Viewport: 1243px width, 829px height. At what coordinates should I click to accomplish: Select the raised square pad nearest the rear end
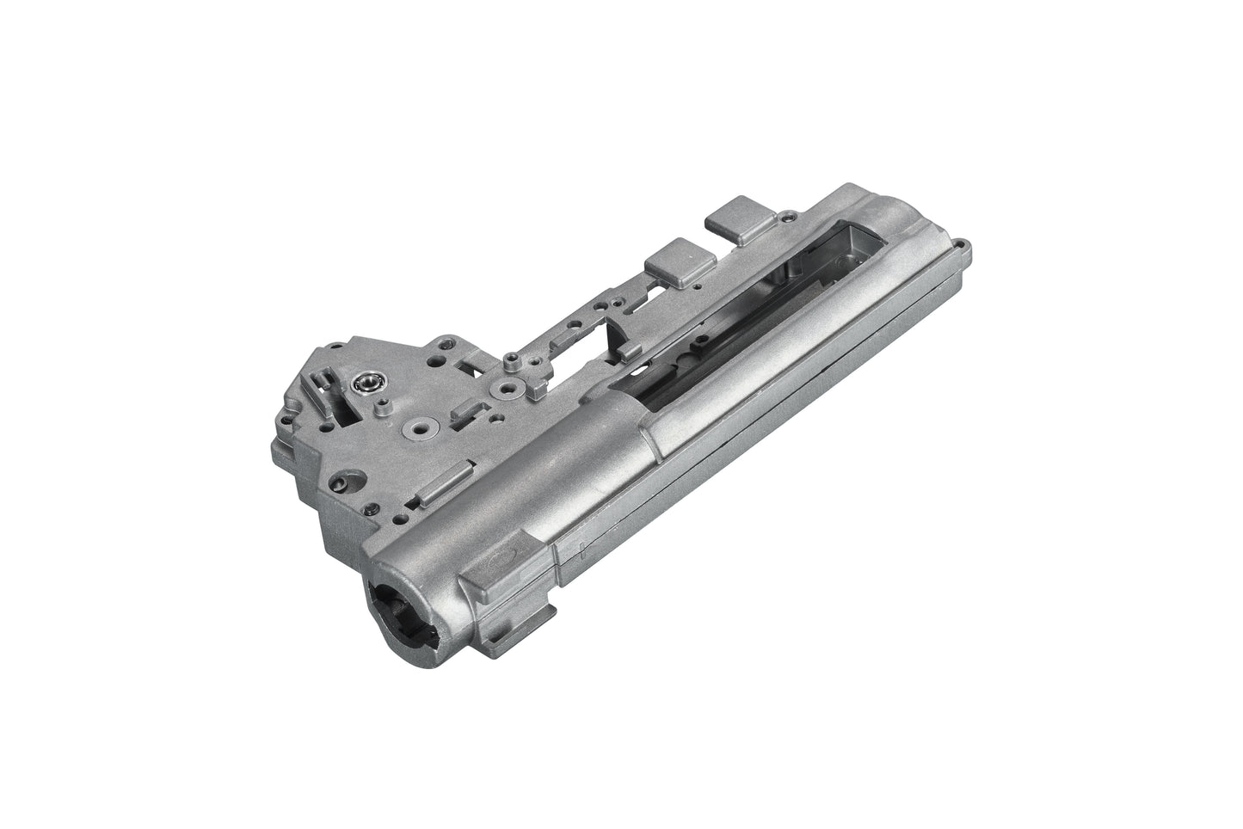point(734,210)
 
